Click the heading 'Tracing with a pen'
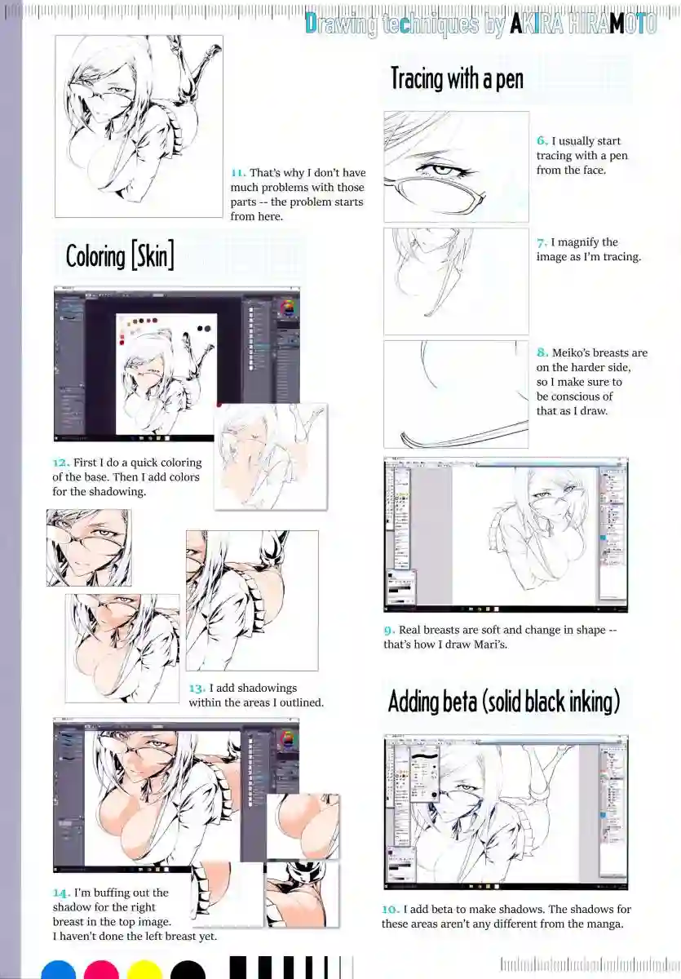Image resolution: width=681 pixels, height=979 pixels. point(456,79)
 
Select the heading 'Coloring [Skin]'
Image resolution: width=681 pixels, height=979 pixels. point(120,256)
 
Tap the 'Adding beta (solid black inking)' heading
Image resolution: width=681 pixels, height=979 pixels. point(504,701)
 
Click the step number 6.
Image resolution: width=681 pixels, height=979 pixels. point(542,141)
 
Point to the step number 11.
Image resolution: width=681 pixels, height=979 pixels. point(237,173)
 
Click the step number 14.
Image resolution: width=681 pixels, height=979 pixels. point(61,893)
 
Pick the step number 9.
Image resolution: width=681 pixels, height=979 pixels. point(388,630)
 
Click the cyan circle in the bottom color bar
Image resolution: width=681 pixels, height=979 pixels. point(59,970)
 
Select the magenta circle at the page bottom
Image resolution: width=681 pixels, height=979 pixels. point(102,970)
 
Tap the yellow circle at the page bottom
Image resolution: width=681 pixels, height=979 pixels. point(145,970)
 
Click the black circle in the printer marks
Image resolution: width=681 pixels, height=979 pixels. point(188,970)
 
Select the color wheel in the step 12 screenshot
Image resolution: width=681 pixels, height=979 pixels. point(286,308)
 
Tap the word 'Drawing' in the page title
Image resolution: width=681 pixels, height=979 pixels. point(341,24)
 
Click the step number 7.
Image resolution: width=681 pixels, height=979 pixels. point(542,242)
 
